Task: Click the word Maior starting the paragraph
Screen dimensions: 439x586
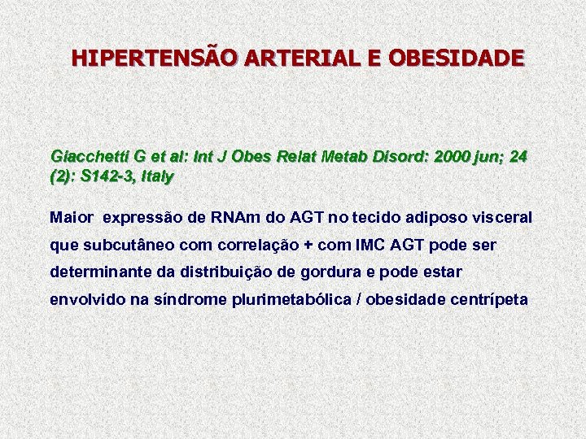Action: [x=71, y=218]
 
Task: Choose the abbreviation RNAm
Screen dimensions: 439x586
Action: [x=235, y=218]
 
